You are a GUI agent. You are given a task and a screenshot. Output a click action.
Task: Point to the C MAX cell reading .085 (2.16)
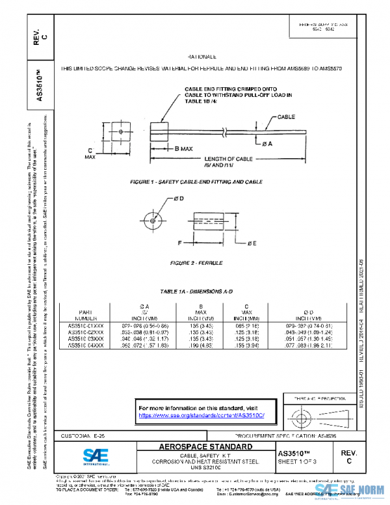247,325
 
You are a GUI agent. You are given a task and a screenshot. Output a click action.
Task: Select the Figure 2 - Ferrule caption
196,263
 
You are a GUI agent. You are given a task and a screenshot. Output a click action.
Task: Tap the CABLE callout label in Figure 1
287,117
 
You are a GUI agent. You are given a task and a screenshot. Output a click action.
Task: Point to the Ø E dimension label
252,243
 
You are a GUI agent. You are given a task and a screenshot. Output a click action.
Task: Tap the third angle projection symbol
305,415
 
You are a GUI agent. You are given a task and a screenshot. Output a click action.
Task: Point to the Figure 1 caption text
196,182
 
